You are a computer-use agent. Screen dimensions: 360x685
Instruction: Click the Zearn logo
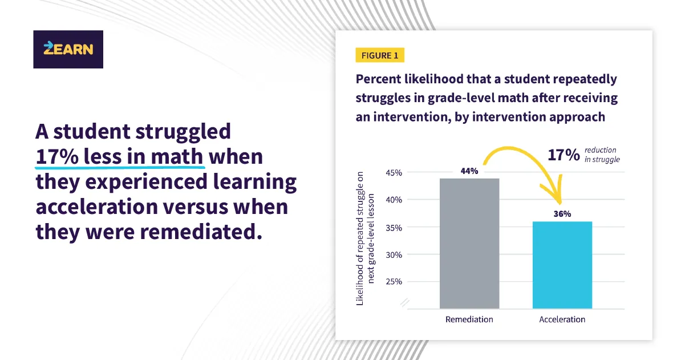tap(68, 49)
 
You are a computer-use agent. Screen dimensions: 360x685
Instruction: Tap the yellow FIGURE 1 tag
tap(380, 55)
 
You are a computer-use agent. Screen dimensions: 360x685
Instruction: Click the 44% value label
tap(469, 171)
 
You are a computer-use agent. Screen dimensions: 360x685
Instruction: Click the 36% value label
tap(562, 214)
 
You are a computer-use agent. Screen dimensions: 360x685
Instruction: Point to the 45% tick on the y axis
tap(393, 173)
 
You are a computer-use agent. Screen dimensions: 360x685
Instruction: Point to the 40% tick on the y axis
tap(393, 200)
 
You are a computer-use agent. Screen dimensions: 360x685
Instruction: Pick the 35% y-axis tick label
tap(393, 227)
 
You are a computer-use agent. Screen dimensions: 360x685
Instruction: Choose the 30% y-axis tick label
tap(393, 254)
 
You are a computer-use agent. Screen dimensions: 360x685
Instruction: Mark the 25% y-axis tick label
tap(393, 281)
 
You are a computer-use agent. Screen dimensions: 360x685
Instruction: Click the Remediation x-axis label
tap(469, 319)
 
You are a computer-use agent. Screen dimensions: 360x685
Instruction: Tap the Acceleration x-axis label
tap(562, 319)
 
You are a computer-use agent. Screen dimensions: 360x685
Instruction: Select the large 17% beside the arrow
tap(564, 155)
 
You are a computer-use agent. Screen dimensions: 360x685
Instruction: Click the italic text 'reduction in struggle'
tap(602, 155)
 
